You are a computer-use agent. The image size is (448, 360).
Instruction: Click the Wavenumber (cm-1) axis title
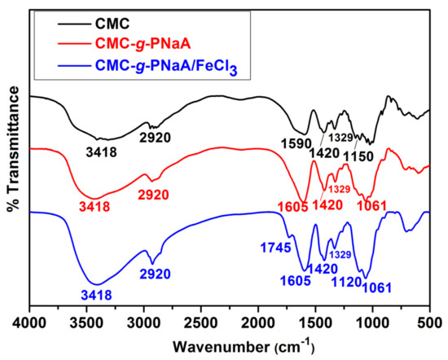tap(230, 345)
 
